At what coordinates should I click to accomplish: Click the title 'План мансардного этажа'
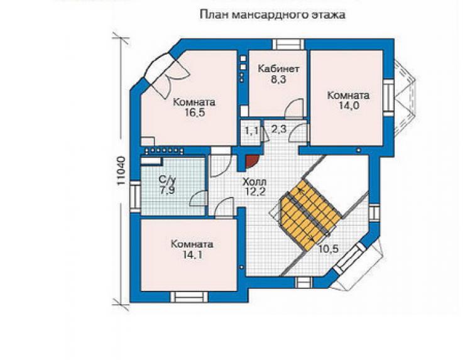point(272,15)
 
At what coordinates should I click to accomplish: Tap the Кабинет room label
point(278,69)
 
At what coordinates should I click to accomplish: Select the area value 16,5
point(194,112)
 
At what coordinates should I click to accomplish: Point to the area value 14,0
point(349,106)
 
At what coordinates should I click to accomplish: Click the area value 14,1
point(192,254)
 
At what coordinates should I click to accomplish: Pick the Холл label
point(254,182)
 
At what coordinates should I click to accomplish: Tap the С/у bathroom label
point(167,180)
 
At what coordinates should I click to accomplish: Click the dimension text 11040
point(121,171)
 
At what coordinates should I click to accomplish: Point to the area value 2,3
point(278,129)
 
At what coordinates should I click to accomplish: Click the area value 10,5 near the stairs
point(328,249)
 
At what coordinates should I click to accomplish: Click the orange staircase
point(310,215)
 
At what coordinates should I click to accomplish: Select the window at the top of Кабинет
point(288,44)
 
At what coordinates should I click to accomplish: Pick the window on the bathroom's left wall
point(135,196)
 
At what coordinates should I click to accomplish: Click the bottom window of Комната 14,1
point(189,297)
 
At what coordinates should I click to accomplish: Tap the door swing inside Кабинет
point(294,107)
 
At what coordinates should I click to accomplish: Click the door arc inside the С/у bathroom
point(198,198)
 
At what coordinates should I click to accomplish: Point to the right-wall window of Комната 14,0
point(388,97)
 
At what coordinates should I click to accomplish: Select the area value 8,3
point(278,79)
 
